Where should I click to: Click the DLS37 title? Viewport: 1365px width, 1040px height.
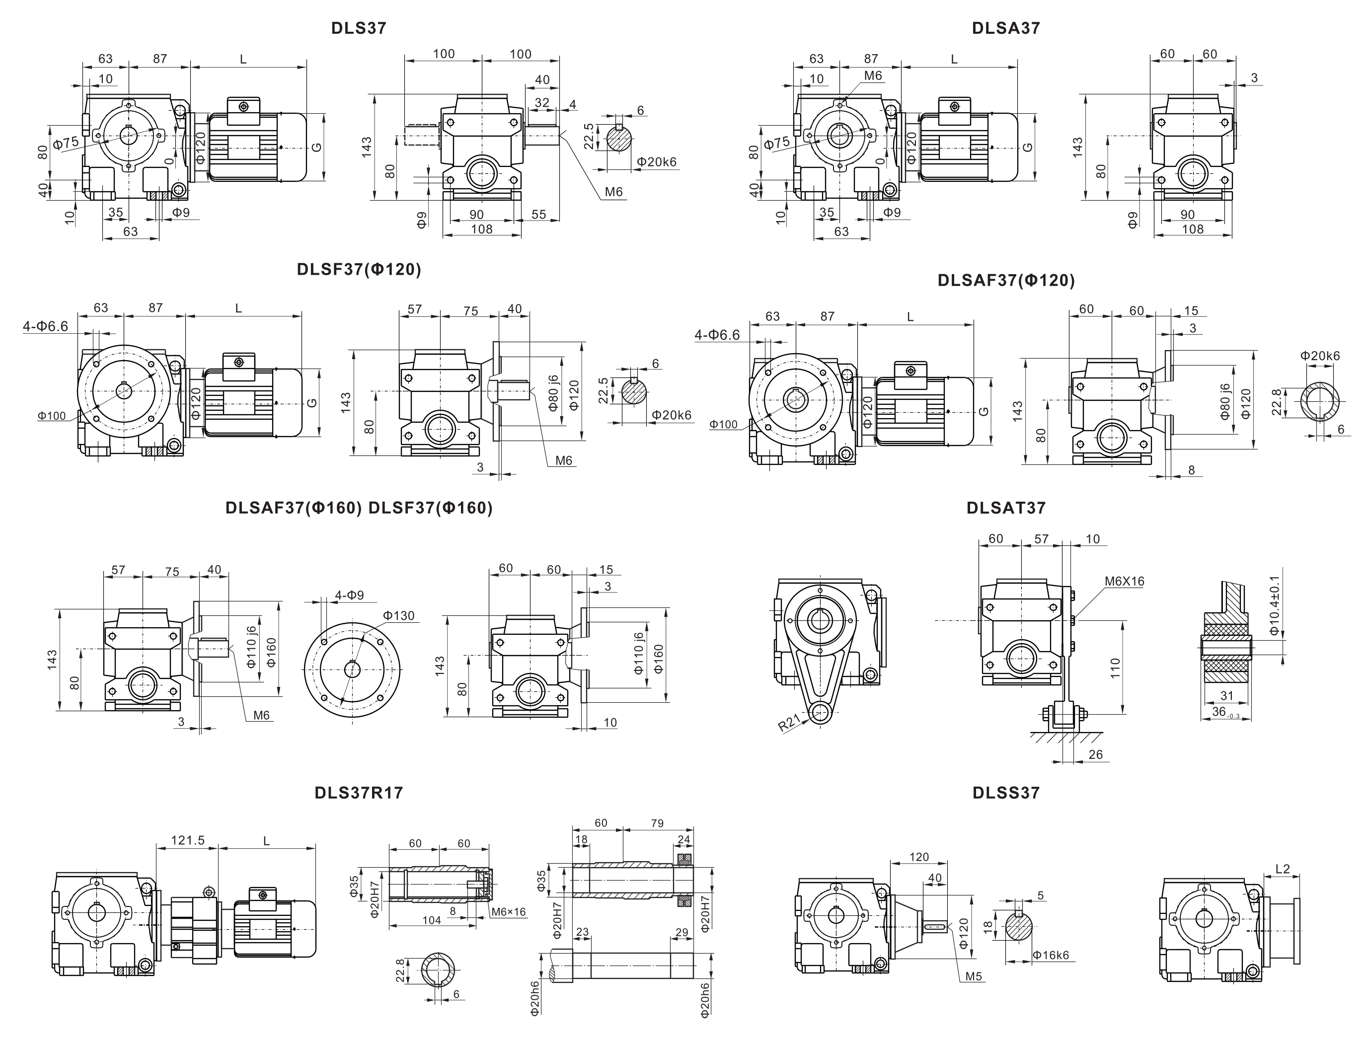(359, 28)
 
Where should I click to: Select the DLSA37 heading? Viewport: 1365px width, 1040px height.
(1005, 28)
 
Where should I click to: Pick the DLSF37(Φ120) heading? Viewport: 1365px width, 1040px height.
(359, 269)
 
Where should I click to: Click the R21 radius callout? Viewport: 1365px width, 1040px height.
(789, 723)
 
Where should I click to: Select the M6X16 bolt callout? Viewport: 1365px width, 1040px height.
(1124, 581)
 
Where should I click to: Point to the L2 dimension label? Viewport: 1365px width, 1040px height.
(1282, 869)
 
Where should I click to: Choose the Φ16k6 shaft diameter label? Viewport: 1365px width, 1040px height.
(1051, 955)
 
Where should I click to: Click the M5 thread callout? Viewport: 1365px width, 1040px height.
(973, 976)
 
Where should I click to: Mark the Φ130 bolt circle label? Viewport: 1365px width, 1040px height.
(398, 615)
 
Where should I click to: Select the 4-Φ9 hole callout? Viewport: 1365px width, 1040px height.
(349, 595)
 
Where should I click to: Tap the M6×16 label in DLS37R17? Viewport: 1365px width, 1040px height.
(508, 912)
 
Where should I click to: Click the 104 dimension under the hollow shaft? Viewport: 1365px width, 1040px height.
(432, 920)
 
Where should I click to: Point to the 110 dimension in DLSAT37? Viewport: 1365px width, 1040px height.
(1115, 668)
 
